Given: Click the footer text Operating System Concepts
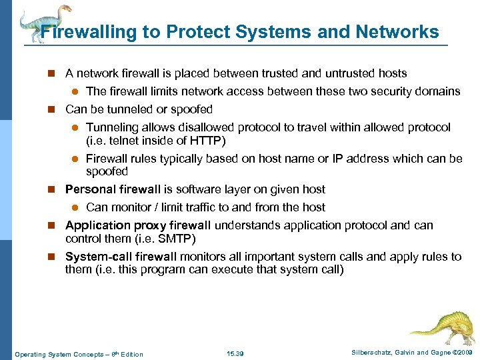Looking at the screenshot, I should tap(56, 354).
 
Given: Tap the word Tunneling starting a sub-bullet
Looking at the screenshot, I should tap(112, 127).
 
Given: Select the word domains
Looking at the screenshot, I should tap(436, 91).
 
